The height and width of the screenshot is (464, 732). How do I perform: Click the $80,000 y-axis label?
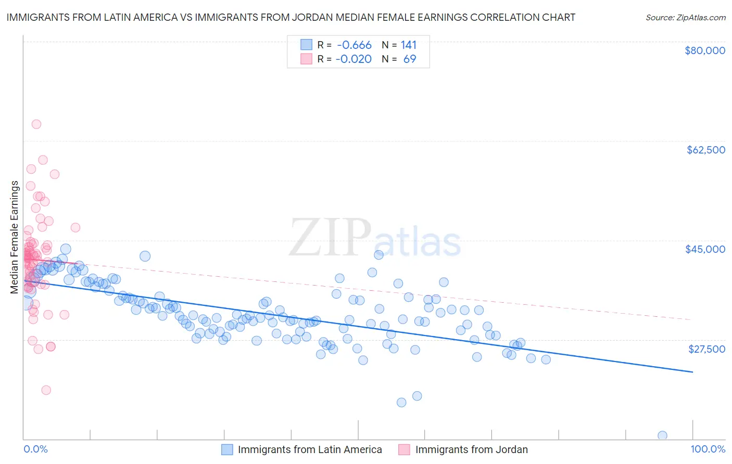pyautogui.click(x=704, y=50)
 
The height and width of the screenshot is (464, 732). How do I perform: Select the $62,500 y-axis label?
pyautogui.click(x=705, y=150)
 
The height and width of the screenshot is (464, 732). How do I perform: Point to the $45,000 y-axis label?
pyautogui.click(x=705, y=249)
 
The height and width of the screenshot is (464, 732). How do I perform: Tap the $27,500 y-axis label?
pyautogui.click(x=706, y=349)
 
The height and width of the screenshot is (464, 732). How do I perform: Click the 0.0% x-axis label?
pyautogui.click(x=36, y=449)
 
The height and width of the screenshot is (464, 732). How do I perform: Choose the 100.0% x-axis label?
pyautogui.click(x=708, y=449)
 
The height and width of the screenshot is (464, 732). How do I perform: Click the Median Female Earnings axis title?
pyautogui.click(x=14, y=237)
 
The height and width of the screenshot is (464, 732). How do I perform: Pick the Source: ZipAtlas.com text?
pyautogui.click(x=685, y=17)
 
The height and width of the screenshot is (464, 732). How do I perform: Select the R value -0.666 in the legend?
pyautogui.click(x=354, y=45)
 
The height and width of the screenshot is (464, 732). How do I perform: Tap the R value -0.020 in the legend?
pyautogui.click(x=354, y=59)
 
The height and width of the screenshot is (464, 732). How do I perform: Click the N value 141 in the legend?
pyautogui.click(x=408, y=45)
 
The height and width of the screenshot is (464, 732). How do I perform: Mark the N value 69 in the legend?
pyautogui.click(x=410, y=59)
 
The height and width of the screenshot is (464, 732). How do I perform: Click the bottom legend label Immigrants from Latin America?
pyautogui.click(x=310, y=449)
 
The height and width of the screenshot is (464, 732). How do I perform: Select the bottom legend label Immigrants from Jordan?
pyautogui.click(x=471, y=449)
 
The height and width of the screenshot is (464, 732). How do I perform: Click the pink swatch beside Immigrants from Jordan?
pyautogui.click(x=404, y=449)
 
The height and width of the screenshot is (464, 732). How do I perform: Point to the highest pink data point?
pyautogui.click(x=36, y=124)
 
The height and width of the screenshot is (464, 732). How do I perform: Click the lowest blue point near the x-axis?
pyautogui.click(x=662, y=435)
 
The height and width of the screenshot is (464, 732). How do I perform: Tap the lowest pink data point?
pyautogui.click(x=46, y=390)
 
